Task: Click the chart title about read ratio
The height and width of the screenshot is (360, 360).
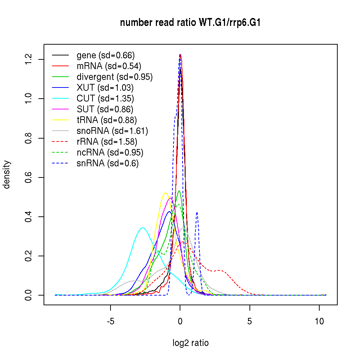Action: [x=190, y=23]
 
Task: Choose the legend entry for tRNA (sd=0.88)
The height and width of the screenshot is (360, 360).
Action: [x=107, y=120]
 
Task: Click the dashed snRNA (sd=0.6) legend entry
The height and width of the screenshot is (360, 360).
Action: [x=107, y=163]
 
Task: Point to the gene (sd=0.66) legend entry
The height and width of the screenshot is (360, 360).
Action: [x=105, y=55]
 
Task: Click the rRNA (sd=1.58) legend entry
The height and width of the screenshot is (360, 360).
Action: [x=107, y=141]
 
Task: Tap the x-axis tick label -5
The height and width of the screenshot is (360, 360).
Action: [x=110, y=322]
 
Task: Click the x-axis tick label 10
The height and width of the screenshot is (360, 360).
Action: [x=319, y=322]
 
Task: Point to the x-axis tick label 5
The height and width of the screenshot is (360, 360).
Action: [x=249, y=322]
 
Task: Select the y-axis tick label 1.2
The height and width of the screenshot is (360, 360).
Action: [x=29, y=59]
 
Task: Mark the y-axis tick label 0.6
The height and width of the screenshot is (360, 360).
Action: [x=29, y=177]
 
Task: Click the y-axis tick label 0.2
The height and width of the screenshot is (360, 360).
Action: [x=29, y=256]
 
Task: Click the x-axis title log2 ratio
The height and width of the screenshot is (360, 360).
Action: [x=190, y=343]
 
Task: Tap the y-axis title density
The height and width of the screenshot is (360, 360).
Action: [x=7, y=175]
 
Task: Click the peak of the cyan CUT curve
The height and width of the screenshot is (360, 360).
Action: [x=143, y=228]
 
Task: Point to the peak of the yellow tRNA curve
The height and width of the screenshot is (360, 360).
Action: [x=165, y=193]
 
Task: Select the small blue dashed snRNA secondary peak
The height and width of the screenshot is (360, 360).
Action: [x=197, y=212]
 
